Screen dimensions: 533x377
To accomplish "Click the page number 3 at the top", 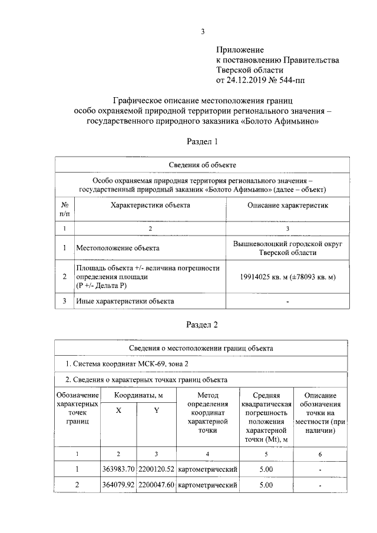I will point(202,32).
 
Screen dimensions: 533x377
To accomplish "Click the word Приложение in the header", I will point(240,49).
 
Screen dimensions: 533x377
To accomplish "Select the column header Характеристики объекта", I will point(150,205).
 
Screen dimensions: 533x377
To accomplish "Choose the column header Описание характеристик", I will point(287,205).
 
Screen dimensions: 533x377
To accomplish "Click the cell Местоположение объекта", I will point(117,248).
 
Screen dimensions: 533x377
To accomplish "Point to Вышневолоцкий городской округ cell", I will point(287,243).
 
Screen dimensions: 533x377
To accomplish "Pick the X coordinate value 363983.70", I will point(118,469).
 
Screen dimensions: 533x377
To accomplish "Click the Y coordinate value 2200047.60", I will point(156,485).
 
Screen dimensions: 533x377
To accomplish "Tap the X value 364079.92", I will point(118,485).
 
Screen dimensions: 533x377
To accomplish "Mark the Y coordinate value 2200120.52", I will point(156,469).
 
